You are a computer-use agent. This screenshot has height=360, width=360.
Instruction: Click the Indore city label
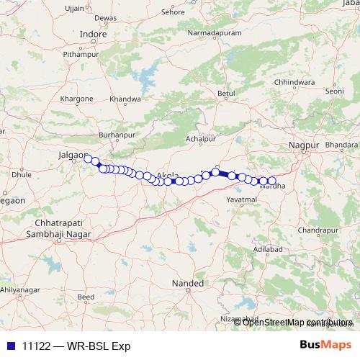(93, 33)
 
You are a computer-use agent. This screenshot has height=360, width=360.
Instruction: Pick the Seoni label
(336, 91)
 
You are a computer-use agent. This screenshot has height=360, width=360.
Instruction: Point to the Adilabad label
(268, 249)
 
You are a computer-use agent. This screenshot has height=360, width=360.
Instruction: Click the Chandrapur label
(318, 230)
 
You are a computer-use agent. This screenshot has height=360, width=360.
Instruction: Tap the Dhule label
(22, 174)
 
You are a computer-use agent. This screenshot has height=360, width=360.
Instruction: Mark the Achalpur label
(201, 139)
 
